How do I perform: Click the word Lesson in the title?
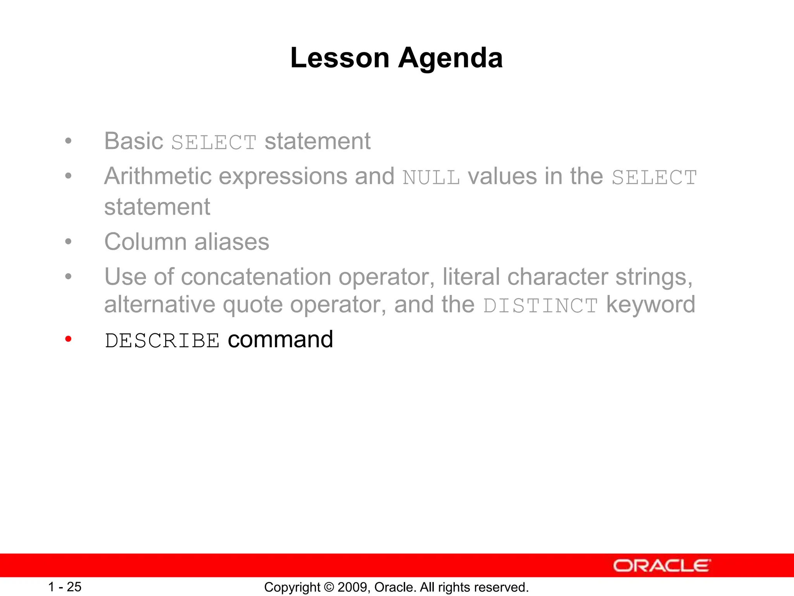click(x=340, y=58)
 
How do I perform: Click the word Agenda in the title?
click(x=451, y=58)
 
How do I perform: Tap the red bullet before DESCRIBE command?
click(x=69, y=340)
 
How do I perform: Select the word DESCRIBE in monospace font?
click(x=162, y=341)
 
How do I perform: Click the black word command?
click(x=280, y=340)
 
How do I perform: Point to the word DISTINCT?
click(x=540, y=305)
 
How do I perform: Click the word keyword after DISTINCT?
click(x=651, y=305)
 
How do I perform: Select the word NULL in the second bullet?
click(x=431, y=178)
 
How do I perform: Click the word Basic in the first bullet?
click(x=134, y=141)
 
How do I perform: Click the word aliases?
click(x=231, y=242)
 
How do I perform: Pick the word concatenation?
click(x=256, y=277)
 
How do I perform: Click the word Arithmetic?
click(x=158, y=177)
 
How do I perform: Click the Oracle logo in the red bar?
click(x=661, y=566)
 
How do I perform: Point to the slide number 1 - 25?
click(x=65, y=587)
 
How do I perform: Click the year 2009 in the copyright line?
click(x=350, y=587)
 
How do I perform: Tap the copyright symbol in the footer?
click(x=329, y=587)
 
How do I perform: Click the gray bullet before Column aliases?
click(x=69, y=242)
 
